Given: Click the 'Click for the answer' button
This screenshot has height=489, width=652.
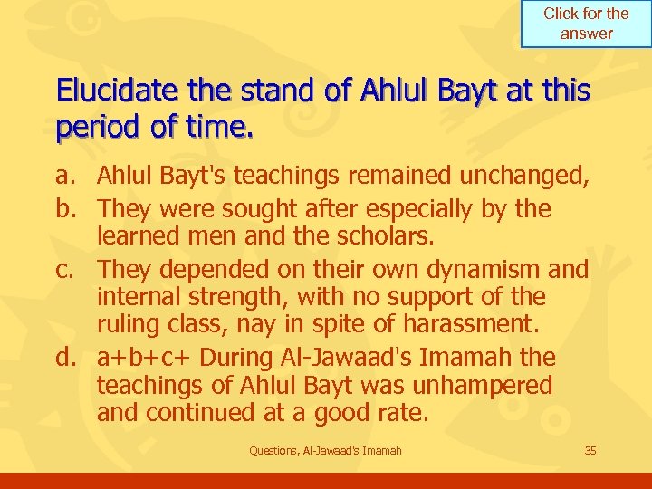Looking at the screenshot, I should [586, 24].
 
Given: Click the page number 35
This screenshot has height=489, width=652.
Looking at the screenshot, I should [590, 450].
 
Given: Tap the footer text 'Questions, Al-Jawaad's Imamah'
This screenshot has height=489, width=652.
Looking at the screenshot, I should [325, 450].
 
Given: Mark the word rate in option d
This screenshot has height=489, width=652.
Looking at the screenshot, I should [403, 412].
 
